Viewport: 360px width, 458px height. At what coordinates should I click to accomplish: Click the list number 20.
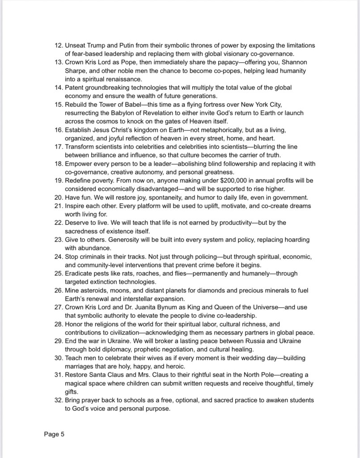pyautogui.click(x=58, y=197)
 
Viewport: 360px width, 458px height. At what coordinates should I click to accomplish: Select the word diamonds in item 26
pyautogui.click(x=204, y=290)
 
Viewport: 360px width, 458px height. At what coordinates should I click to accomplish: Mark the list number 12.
pyautogui.click(x=58, y=46)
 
